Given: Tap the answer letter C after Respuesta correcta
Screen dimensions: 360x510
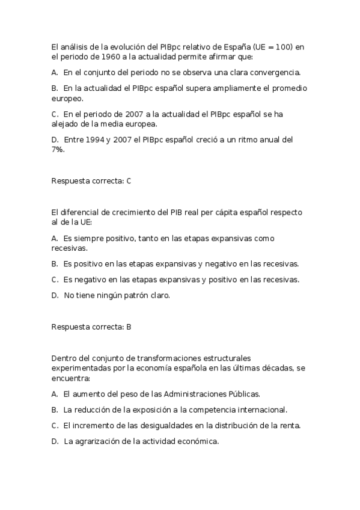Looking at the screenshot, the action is point(129,180).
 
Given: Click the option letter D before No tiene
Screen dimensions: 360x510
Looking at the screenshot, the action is point(55,295).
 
